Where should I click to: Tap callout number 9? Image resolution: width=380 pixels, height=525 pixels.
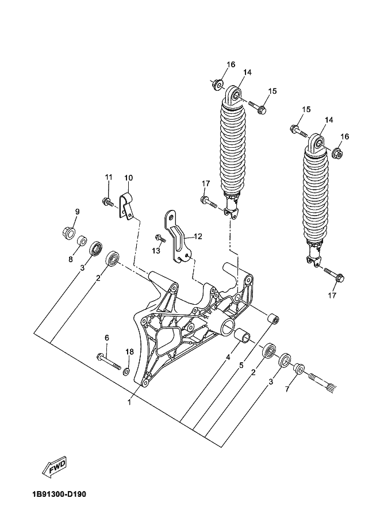(x=77, y=212)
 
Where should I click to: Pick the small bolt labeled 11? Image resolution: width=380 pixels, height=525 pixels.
(x=107, y=201)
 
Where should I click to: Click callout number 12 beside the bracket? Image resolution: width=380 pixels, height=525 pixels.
(x=198, y=236)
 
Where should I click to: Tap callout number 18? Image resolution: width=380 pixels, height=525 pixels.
(x=129, y=352)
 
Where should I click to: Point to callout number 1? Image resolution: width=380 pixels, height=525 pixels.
(x=129, y=403)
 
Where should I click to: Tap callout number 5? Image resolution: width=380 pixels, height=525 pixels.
(x=241, y=365)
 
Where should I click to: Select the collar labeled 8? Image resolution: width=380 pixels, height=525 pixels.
(x=82, y=239)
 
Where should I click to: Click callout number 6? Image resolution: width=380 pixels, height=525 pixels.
(x=106, y=337)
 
